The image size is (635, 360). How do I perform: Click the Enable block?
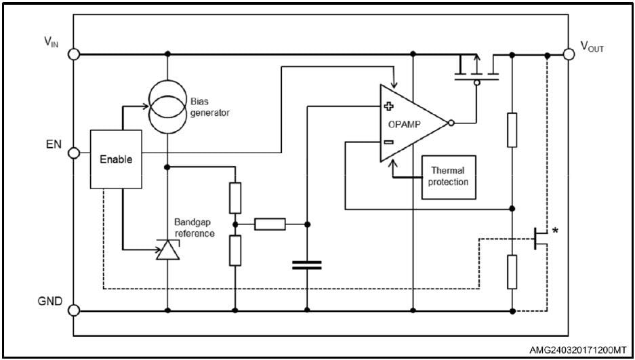pos(116,159)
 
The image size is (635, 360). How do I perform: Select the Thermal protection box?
pos(449,176)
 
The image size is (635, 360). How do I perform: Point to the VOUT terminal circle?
pos(569,54)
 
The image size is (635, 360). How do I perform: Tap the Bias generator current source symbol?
pos(167,106)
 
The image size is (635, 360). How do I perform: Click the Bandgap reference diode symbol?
pos(167,251)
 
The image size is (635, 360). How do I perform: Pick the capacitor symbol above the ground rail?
pos(307,264)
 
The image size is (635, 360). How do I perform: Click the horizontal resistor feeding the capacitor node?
pos(270,223)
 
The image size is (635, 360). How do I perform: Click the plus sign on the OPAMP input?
pos(389,106)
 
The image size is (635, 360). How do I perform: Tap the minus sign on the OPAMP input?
pos(389,142)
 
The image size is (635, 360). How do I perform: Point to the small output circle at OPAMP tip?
pos(452,123)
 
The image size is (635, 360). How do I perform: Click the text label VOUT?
pos(592,47)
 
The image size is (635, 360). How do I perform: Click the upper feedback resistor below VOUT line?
pos(512,130)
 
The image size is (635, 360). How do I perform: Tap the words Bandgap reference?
pos(195,228)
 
